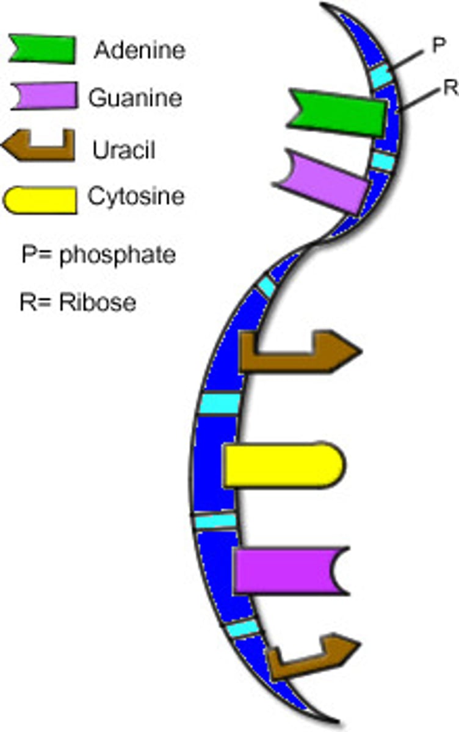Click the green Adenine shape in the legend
pyautogui.click(x=42, y=49)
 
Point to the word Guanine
pyautogui.click(x=135, y=98)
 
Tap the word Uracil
pyautogui.click(x=123, y=149)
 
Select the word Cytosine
pyautogui.click(x=136, y=196)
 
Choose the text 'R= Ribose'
pyautogui.click(x=78, y=302)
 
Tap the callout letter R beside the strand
pyautogui.click(x=450, y=89)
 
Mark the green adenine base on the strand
pyautogui.click(x=336, y=112)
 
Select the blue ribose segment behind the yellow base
pyautogui.click(x=211, y=464)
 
